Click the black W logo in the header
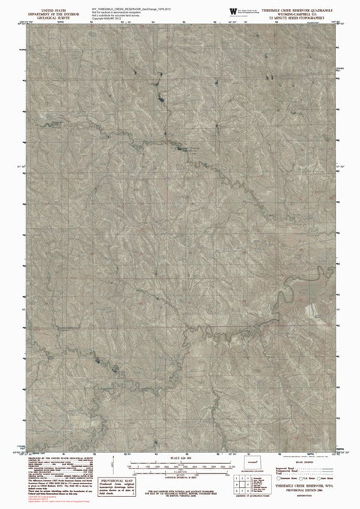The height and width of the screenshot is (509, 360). coord(232,9)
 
